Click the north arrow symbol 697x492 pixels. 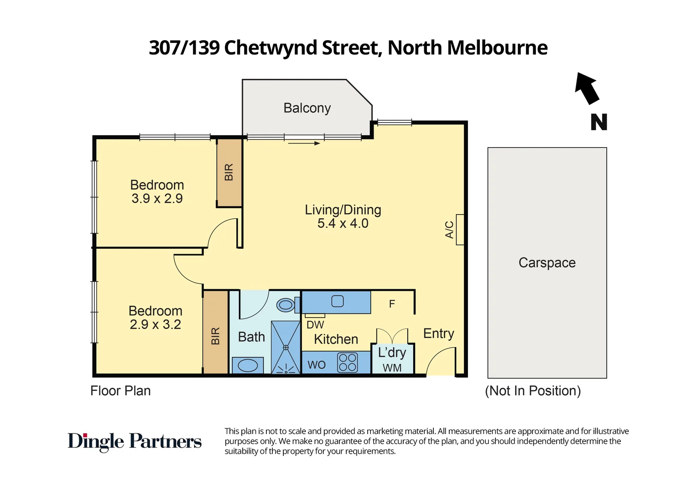tap(587, 88)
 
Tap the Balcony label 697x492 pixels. tap(307, 108)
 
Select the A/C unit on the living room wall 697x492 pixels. tap(460, 230)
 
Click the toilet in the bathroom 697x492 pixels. tap(286, 305)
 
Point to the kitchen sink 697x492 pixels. tap(338, 302)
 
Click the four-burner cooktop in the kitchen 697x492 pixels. tap(348, 363)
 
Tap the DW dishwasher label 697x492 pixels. tap(315, 325)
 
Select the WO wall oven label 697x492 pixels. tap(317, 365)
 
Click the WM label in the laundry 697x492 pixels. tap(392, 368)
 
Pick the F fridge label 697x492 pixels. tap(392, 304)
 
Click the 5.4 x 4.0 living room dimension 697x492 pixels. tap(343, 224)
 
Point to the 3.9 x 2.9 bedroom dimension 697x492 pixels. tap(157, 199)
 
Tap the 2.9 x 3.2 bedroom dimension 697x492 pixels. tap(156, 325)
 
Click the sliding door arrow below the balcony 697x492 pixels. tap(304, 143)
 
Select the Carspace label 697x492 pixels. tap(547, 263)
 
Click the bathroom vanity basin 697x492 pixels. tap(248, 365)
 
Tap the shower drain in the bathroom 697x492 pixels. tap(286, 348)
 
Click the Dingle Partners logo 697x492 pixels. tap(135, 441)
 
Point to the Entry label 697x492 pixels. tap(438, 333)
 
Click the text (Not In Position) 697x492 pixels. tap(533, 391)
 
